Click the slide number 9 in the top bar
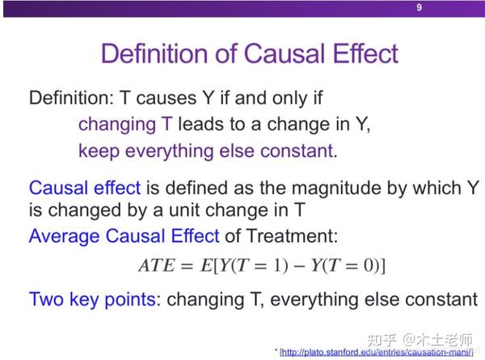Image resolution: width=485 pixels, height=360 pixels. (x=419, y=7)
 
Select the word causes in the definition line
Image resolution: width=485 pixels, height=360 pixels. (x=166, y=98)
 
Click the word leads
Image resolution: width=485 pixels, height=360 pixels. (x=201, y=125)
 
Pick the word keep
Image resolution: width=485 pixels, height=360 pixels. (x=99, y=151)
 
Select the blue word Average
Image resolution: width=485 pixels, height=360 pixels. (x=64, y=236)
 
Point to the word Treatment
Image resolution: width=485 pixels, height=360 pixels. (x=292, y=236)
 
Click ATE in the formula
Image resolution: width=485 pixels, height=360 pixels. (x=157, y=265)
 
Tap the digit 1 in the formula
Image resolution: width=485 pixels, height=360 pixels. (x=276, y=265)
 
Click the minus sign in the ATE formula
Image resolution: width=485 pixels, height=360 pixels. (x=298, y=266)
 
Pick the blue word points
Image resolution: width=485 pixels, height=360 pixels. (x=130, y=299)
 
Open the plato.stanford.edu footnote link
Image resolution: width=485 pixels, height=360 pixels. (x=377, y=352)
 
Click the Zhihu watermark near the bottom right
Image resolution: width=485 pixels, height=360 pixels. (x=420, y=340)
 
